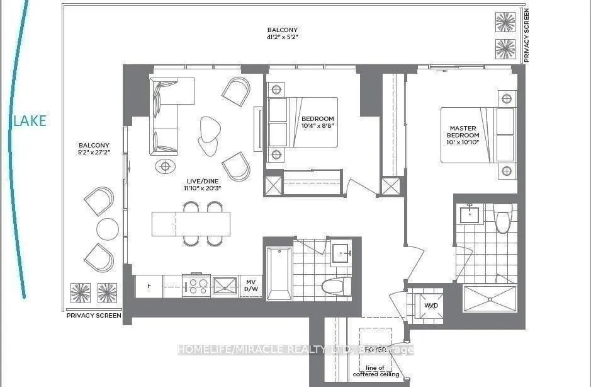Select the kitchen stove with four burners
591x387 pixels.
point(196,286)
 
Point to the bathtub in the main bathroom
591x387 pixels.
point(279,273)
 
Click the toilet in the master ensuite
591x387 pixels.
point(503,218)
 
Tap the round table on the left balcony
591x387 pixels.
point(108,229)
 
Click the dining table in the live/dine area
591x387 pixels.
point(191,224)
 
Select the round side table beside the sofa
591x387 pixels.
point(166,166)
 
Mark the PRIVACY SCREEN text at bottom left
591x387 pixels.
point(94,315)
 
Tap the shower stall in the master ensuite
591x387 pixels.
point(490,298)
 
